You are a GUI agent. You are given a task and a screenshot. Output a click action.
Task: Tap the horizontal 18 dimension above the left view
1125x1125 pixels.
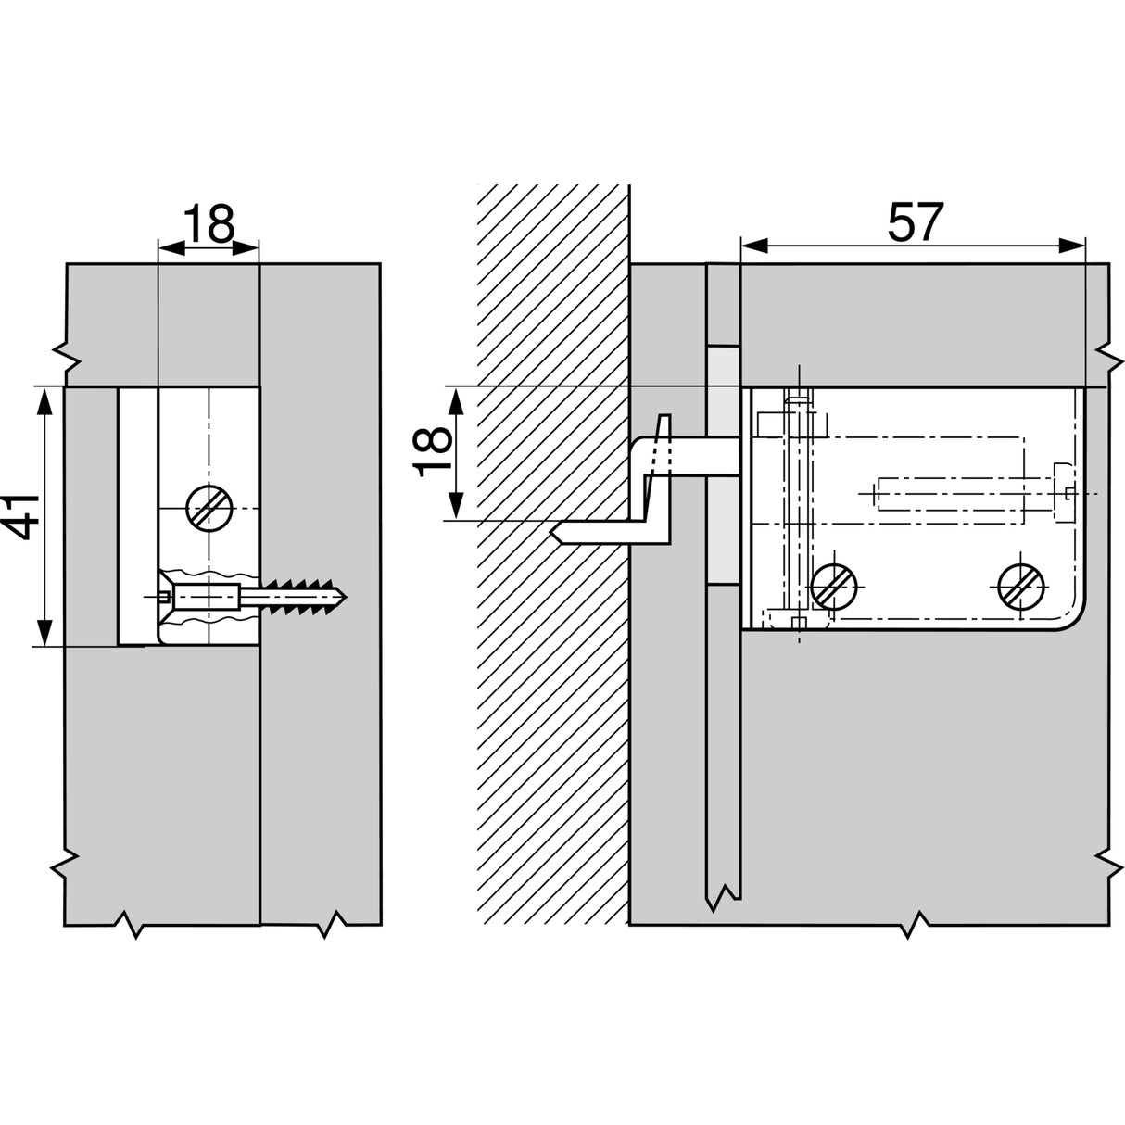point(208,223)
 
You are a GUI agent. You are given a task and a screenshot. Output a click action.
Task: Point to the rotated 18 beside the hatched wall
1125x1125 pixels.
point(434,451)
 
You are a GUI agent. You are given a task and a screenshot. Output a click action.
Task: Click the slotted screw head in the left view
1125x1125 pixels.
point(209,508)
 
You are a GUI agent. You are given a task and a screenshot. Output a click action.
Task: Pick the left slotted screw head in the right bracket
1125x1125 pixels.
point(835,585)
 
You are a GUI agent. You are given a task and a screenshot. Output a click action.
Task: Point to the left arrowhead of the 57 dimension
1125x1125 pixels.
point(751,246)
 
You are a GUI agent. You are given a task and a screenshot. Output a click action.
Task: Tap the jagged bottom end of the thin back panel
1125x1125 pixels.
point(722,898)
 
